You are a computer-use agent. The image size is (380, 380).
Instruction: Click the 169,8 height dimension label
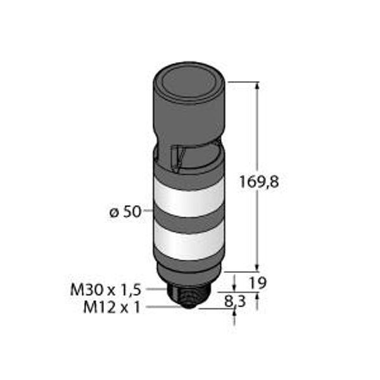[259, 182]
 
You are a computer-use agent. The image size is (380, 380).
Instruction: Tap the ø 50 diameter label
[125, 212]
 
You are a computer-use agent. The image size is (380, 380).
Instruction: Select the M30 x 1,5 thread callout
[105, 290]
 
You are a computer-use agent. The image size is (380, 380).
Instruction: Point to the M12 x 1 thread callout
[111, 308]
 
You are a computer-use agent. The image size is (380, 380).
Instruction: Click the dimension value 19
[258, 282]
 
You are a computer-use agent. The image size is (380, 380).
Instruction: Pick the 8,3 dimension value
[235, 301]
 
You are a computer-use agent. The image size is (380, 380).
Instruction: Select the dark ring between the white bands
[189, 220]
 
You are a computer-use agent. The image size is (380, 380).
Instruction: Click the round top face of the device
[189, 82]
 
